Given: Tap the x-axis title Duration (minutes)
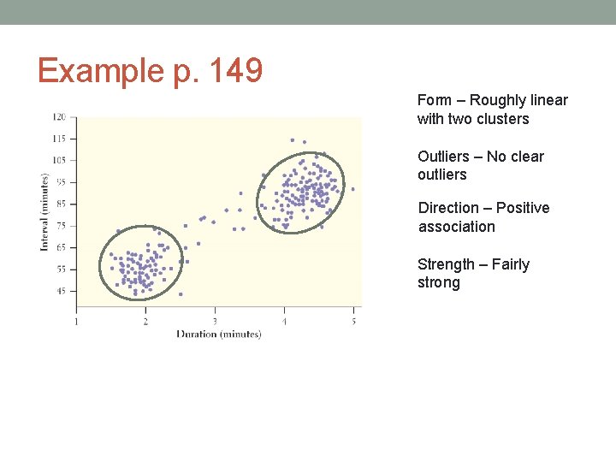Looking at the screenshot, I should (x=218, y=334).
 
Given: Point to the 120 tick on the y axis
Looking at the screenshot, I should (x=60, y=116).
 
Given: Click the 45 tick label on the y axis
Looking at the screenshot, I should (x=61, y=291).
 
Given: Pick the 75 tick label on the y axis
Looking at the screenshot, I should (x=61, y=226).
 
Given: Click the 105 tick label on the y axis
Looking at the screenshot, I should (x=59, y=160).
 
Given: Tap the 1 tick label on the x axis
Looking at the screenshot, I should (x=76, y=322).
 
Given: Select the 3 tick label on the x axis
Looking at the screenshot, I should (x=215, y=322).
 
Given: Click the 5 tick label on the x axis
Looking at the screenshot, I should (x=353, y=322).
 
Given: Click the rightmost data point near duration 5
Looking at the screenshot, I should (x=352, y=189).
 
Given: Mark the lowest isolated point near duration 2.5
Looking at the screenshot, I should (x=181, y=293).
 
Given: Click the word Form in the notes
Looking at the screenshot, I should (x=435, y=100).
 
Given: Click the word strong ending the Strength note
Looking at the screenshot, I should (x=438, y=283).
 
